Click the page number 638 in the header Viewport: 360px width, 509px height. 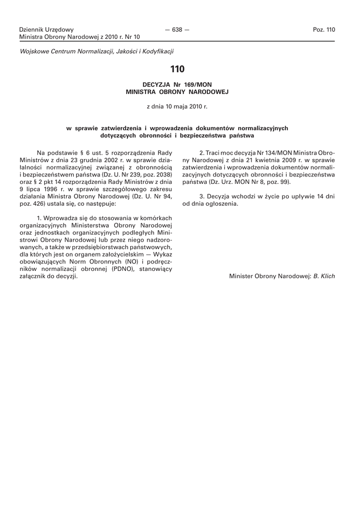(177, 30)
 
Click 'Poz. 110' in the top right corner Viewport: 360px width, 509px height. (324, 30)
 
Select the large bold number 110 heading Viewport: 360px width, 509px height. (177, 69)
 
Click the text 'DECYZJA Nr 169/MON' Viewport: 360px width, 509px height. (177, 85)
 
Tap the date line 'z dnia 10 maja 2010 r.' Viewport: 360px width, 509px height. (177, 106)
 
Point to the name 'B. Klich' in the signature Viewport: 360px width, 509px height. (324, 275)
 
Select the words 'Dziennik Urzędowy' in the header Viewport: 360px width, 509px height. (46, 30)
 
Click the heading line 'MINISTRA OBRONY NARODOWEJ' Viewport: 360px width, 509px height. (177, 92)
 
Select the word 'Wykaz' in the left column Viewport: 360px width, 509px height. (162, 254)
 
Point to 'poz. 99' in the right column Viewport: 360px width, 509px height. (278, 182)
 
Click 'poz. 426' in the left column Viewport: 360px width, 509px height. (31, 204)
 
